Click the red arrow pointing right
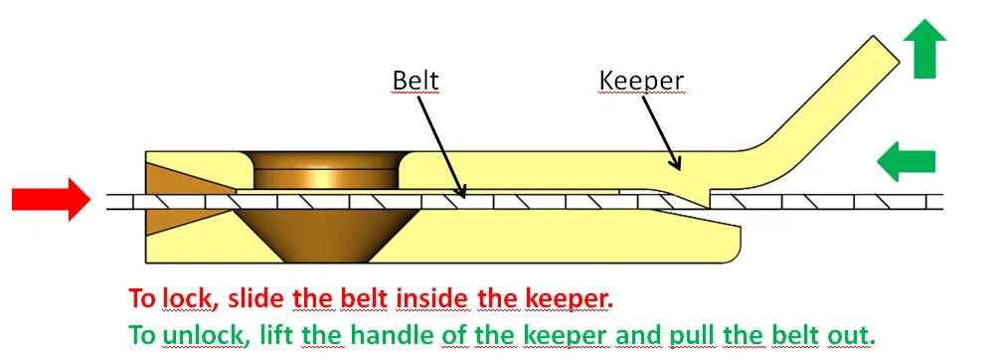tap(50, 199)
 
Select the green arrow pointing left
tap(907, 161)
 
